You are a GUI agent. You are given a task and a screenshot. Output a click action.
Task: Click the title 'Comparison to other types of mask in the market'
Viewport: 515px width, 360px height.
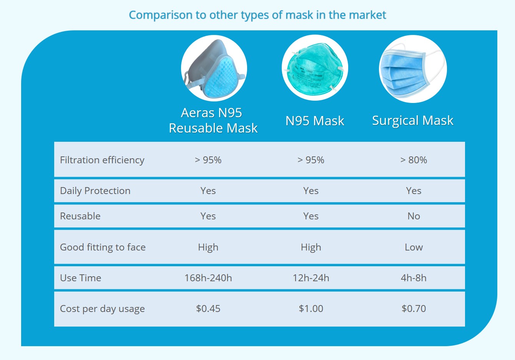pos(257,15)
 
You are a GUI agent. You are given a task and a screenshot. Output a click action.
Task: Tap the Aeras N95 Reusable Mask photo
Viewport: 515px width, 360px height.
pos(214,68)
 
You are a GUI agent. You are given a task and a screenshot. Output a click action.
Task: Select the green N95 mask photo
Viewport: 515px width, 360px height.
pos(315,68)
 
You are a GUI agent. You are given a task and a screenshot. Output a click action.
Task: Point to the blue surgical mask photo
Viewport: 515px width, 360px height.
pos(413,69)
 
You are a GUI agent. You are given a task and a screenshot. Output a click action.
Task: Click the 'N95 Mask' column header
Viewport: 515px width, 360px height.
pos(315,121)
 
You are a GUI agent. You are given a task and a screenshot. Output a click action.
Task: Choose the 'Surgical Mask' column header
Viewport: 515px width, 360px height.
pos(413,121)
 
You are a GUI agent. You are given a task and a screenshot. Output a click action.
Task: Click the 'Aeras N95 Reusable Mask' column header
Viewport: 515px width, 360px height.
pos(213,120)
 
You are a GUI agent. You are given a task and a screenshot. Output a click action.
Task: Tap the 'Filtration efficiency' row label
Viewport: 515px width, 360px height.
pos(102,160)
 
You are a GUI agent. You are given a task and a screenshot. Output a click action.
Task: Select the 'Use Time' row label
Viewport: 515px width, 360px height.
pos(80,278)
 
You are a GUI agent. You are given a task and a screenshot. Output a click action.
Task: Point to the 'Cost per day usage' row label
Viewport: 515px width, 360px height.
pos(102,309)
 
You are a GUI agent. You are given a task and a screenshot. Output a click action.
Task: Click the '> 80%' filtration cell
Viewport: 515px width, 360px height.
pos(414,160)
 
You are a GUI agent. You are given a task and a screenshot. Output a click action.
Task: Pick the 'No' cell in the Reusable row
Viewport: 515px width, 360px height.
pos(414,216)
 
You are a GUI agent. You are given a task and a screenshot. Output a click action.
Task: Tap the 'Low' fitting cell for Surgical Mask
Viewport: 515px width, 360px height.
pos(414,247)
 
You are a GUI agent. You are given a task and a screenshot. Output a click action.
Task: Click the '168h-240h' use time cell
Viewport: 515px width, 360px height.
pos(208,278)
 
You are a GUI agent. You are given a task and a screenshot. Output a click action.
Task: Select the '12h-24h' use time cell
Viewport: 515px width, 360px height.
pos(311,278)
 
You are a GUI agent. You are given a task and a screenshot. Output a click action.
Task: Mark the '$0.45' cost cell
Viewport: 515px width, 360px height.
pos(208,309)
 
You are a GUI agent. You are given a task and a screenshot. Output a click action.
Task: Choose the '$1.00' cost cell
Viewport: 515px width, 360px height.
pos(311,309)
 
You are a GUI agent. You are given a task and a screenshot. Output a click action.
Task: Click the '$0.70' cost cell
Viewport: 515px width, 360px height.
pos(414,309)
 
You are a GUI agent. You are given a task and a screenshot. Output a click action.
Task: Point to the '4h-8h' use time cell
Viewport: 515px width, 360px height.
pos(414,278)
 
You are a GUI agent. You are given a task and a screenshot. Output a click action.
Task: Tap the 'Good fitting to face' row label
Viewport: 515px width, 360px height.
pos(103,247)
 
